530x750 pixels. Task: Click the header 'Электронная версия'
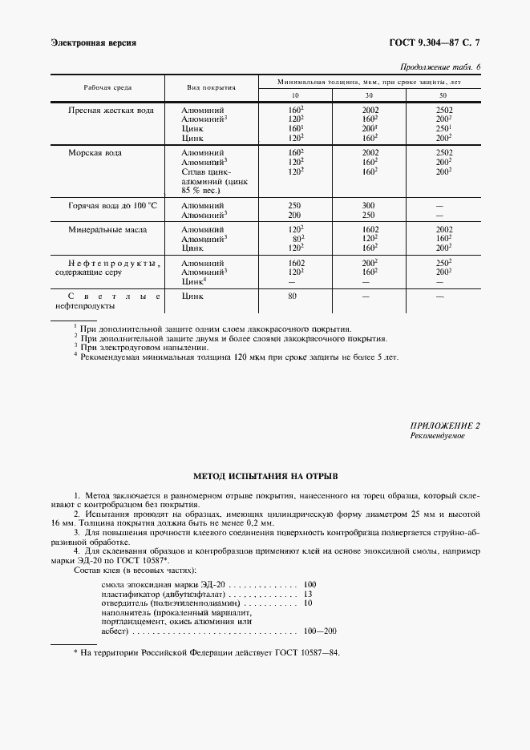93,42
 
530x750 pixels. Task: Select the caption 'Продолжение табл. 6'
439,67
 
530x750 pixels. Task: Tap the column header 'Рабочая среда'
107,87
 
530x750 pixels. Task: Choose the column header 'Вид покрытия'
211,87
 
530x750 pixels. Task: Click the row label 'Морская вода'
95,151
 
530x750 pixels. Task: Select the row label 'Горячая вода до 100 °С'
113,205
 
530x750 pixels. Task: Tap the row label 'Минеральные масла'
107,229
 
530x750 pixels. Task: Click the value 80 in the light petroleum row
293,296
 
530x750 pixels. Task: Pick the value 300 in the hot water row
369,205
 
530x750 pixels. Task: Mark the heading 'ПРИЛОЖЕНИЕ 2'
445,426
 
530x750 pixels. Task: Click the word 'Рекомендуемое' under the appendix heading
437,436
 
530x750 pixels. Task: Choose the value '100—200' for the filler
320,631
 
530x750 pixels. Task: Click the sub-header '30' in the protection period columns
369,95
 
